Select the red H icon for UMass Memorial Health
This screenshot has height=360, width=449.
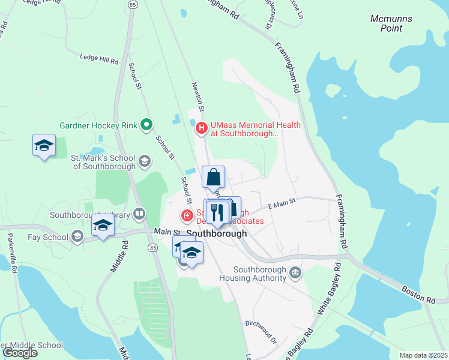coord(202,127)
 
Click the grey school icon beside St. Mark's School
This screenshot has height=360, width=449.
coord(144,161)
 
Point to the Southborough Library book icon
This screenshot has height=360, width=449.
coord(139,214)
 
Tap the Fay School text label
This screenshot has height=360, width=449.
coord(47,237)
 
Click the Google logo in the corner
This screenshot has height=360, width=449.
coord(20,353)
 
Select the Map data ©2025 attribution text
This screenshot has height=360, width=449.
coord(423,355)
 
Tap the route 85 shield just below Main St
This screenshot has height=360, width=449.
coord(152,247)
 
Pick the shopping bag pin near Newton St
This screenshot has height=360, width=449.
coord(213,177)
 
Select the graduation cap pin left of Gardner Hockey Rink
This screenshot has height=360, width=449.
coord(44,145)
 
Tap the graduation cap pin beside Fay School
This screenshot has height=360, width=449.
coord(103,225)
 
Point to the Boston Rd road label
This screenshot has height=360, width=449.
coord(418,294)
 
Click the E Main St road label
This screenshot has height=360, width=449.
coord(282,205)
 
